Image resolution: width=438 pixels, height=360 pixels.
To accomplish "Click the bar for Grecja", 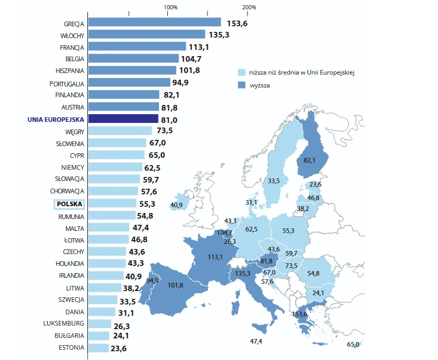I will [x=154, y=22].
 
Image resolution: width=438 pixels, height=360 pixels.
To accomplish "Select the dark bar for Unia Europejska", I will [x=124, y=119].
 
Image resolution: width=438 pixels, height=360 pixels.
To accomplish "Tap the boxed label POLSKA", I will [x=70, y=204].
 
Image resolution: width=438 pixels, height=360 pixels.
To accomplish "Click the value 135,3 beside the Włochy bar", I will [x=219, y=34].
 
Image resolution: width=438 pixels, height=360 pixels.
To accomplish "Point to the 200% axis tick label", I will [x=249, y=7].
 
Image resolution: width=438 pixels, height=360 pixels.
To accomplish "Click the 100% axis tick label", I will [x=170, y=7].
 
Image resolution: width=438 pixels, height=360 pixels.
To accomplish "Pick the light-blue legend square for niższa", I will [x=240, y=73].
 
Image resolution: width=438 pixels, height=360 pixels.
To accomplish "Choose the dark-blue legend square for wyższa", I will [x=240, y=85].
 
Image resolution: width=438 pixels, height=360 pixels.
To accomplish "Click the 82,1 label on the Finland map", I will [x=309, y=160].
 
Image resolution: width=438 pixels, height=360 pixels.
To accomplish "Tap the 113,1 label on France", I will [x=215, y=257].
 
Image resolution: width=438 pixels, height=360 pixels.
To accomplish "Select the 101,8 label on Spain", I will [x=176, y=285].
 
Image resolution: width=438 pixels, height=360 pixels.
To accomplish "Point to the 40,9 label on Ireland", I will [x=177, y=205].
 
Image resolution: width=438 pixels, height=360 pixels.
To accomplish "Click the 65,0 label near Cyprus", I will [x=353, y=345].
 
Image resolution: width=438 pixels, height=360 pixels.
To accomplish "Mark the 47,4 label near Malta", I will [x=256, y=341].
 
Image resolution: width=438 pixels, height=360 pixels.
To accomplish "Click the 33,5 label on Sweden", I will [x=274, y=181].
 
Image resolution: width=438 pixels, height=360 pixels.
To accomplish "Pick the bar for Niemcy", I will [x=115, y=167].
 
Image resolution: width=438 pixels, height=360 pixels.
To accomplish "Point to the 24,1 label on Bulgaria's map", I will [x=318, y=293].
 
